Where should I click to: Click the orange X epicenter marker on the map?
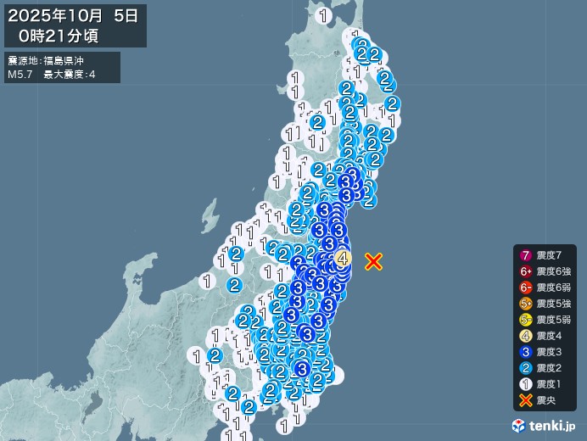373,261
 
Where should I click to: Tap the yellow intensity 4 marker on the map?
343,258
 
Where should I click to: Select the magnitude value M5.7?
20,75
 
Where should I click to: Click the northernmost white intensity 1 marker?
323,15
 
